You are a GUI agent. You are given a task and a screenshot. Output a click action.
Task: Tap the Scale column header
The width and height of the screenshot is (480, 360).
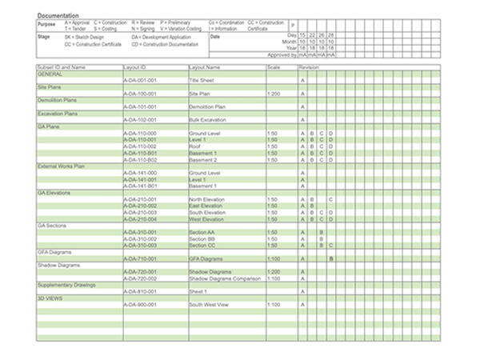274,67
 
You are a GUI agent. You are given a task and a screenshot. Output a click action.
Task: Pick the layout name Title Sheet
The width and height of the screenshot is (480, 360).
202,81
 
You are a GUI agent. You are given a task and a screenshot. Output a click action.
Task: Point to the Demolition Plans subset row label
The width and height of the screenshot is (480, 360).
56,100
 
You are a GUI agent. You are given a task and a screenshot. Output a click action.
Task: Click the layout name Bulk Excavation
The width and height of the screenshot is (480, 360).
206,119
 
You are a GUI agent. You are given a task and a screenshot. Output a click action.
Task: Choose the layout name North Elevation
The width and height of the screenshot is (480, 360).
206,198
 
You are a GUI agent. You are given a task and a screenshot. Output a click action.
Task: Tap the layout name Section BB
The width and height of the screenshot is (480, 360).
202,238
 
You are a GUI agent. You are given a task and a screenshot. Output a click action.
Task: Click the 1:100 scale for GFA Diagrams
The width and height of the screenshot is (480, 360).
273,258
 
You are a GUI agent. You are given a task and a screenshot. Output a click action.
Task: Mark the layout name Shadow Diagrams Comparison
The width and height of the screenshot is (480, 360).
225,278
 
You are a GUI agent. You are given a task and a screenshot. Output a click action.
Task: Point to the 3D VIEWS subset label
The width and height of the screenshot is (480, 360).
50,298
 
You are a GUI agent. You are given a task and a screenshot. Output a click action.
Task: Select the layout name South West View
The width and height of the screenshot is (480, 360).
209,305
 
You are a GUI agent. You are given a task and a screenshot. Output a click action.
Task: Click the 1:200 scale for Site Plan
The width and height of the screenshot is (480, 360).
273,94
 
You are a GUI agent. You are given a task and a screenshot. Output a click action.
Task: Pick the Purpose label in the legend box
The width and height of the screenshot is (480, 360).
46,24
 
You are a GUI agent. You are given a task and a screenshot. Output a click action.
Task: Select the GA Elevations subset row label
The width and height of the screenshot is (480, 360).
54,192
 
